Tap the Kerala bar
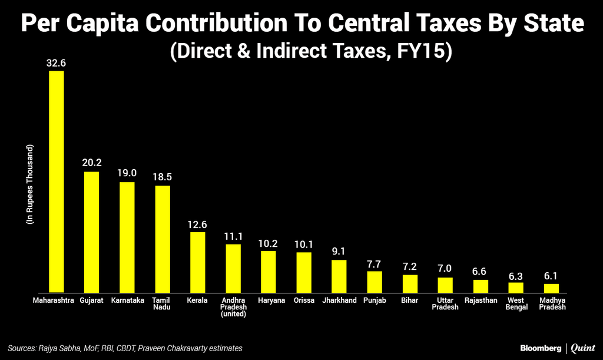197,262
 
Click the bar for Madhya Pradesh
551,288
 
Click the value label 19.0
127,174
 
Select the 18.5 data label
163,177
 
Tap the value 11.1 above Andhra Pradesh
233,236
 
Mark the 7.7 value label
375,263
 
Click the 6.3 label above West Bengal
516,275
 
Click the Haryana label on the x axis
269,300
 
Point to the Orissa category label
304,300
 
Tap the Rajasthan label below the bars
481,300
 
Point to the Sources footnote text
125,349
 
